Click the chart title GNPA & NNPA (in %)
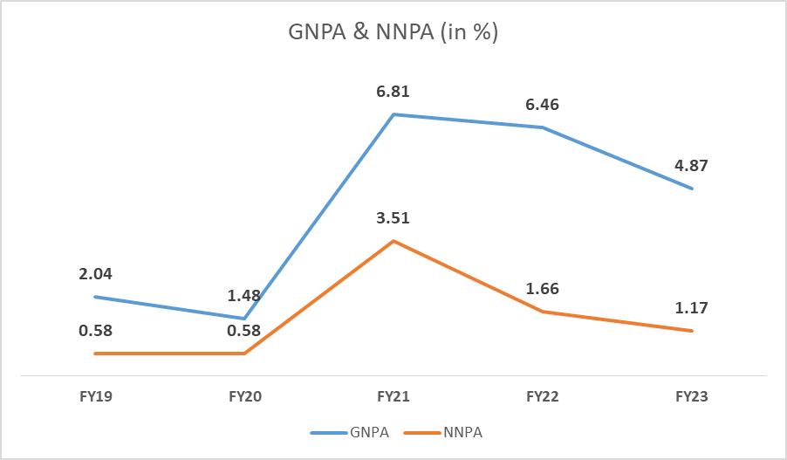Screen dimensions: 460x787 pos(393,34)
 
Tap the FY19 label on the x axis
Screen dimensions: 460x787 pos(95,396)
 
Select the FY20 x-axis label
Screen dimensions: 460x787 pos(245,396)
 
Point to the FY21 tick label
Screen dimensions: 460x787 pos(394,396)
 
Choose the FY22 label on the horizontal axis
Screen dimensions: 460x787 pos(543,396)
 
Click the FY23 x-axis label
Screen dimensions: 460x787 pos(692,396)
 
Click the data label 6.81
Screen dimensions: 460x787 pos(393,91)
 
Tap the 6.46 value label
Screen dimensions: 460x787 pos(543,105)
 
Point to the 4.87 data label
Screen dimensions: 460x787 pos(692,165)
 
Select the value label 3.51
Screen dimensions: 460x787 pos(393,218)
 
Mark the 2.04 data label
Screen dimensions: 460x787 pos(96,274)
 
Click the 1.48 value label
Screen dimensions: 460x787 pos(244,296)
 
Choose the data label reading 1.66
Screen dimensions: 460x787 pos(543,289)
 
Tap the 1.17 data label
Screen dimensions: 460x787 pos(692,307)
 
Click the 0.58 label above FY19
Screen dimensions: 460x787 pos(96,331)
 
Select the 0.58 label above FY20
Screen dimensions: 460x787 pos(244,331)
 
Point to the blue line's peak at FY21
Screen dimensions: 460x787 pos(393,114)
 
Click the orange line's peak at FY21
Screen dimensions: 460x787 pos(393,241)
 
